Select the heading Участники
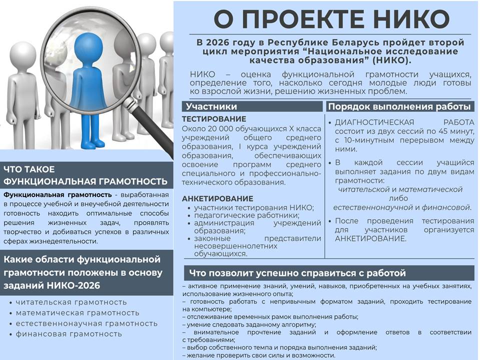point(211,106)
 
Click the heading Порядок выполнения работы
point(399,106)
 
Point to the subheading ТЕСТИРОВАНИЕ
point(214,119)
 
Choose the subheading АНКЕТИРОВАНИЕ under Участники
point(217,198)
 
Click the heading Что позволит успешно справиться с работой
point(297,273)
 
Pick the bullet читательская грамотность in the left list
point(71,302)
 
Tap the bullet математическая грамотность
point(77,313)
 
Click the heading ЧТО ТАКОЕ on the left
point(29,169)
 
